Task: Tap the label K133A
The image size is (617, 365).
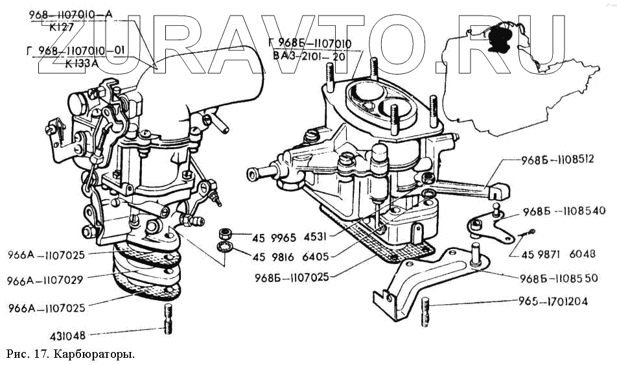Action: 73,64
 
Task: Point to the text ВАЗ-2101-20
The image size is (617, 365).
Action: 309,56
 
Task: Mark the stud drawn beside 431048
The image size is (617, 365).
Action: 169,320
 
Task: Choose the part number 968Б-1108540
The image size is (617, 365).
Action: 563,211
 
